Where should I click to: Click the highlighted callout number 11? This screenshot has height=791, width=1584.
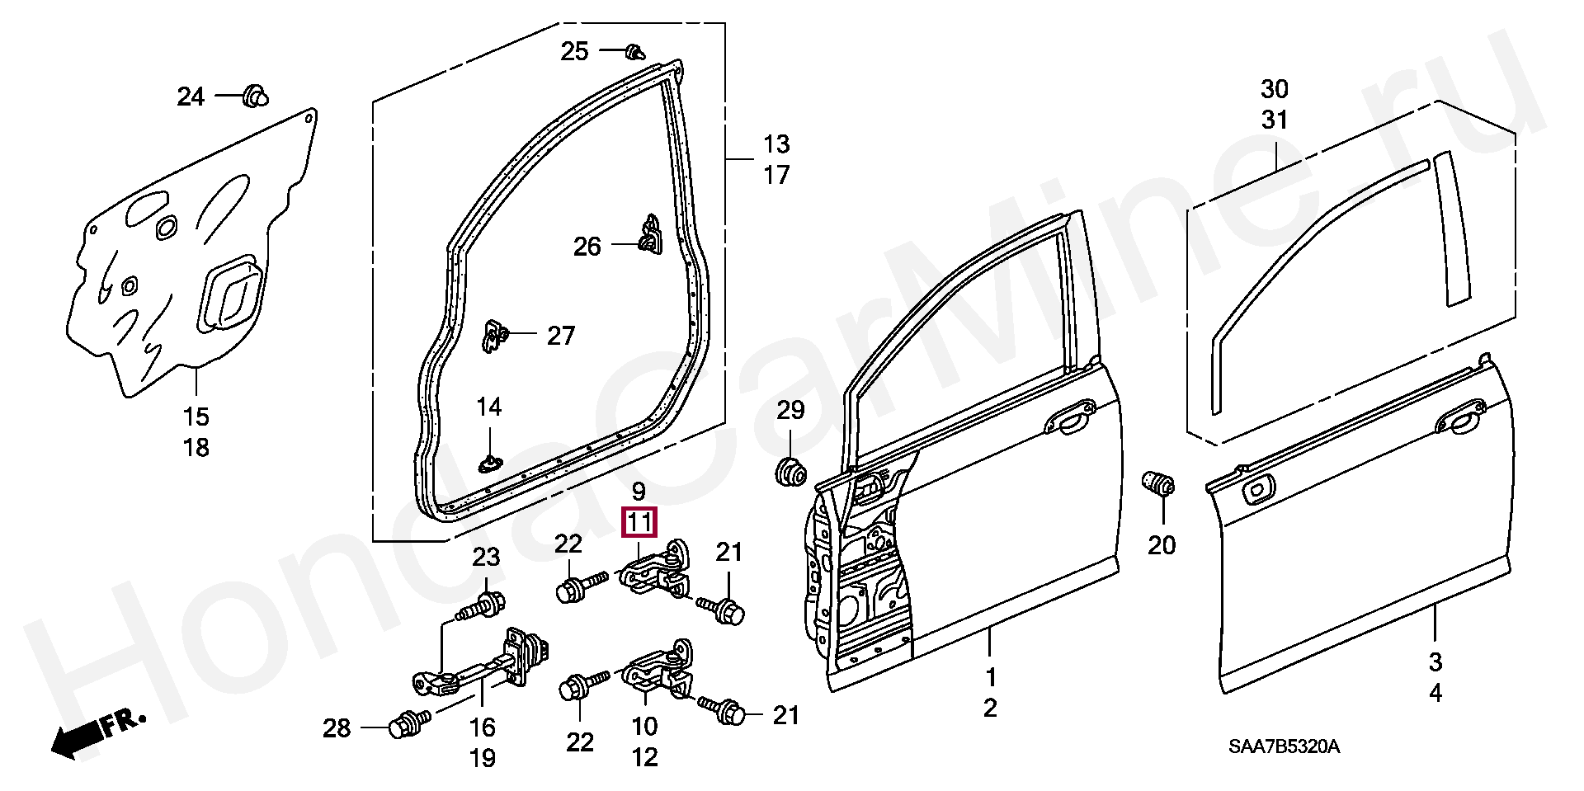pos(639,523)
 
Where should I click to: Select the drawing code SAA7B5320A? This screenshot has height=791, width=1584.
pos(1284,747)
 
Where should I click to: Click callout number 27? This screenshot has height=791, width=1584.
pos(561,336)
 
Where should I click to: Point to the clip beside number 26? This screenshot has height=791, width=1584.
pos(651,236)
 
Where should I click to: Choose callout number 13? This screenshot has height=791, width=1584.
pos(776,144)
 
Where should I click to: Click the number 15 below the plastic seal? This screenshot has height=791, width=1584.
pos(196,417)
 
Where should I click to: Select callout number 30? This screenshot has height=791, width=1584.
pos(1275,89)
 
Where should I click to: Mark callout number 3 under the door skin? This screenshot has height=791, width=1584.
pos(1435,662)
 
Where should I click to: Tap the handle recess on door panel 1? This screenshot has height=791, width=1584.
pos(1070,417)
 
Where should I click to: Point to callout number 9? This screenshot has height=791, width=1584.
pos(639,492)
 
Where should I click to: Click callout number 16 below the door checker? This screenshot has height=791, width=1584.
pos(483,727)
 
